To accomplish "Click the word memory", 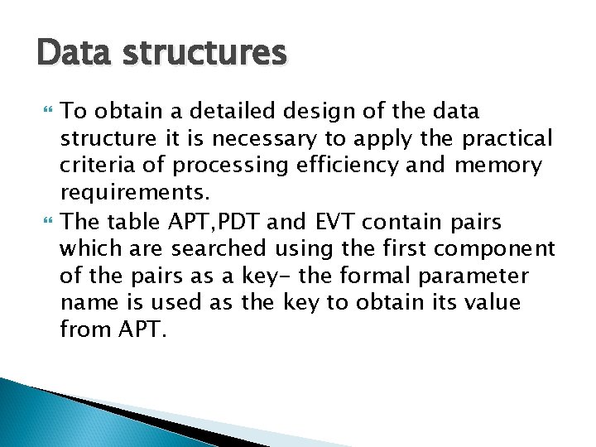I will pos(498,166).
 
